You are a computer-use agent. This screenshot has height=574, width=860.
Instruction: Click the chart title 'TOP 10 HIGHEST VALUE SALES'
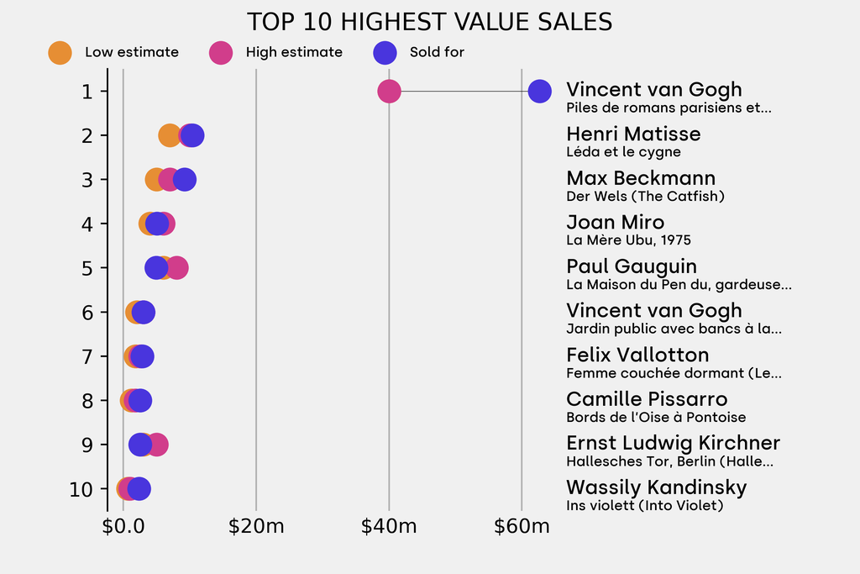click(x=429, y=22)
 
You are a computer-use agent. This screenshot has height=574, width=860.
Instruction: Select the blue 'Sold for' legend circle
click(x=385, y=52)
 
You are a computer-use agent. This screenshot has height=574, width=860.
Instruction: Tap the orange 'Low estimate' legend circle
click(x=60, y=52)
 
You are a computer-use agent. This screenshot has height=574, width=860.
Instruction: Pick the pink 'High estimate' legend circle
click(x=221, y=52)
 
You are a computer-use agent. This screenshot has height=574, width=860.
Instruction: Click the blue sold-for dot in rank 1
click(x=539, y=91)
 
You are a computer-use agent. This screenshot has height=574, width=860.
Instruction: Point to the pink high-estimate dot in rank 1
click(x=389, y=91)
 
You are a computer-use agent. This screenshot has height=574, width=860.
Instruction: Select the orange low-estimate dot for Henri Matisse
click(x=168, y=135)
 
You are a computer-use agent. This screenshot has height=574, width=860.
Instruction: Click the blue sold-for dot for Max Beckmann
click(x=185, y=179)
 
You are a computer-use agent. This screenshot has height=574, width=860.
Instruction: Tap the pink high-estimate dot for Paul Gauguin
click(x=177, y=268)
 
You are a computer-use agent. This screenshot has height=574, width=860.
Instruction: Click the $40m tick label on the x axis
click(x=389, y=527)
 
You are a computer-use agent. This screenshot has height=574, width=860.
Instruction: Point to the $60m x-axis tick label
click(x=522, y=527)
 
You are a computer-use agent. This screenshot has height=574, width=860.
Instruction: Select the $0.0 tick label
click(x=123, y=527)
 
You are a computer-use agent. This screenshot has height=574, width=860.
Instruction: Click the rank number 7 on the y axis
click(x=87, y=356)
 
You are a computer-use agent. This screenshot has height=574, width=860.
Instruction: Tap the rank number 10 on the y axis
click(x=81, y=489)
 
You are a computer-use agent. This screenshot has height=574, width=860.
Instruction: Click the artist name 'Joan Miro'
click(x=615, y=223)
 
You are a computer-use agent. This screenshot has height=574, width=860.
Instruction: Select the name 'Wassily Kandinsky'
click(x=656, y=487)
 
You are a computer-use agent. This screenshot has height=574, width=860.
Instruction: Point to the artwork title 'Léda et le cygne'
click(x=623, y=152)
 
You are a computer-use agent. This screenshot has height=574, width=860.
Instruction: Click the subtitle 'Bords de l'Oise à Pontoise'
click(x=656, y=418)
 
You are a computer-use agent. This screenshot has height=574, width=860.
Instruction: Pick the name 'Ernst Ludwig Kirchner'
click(x=673, y=443)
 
